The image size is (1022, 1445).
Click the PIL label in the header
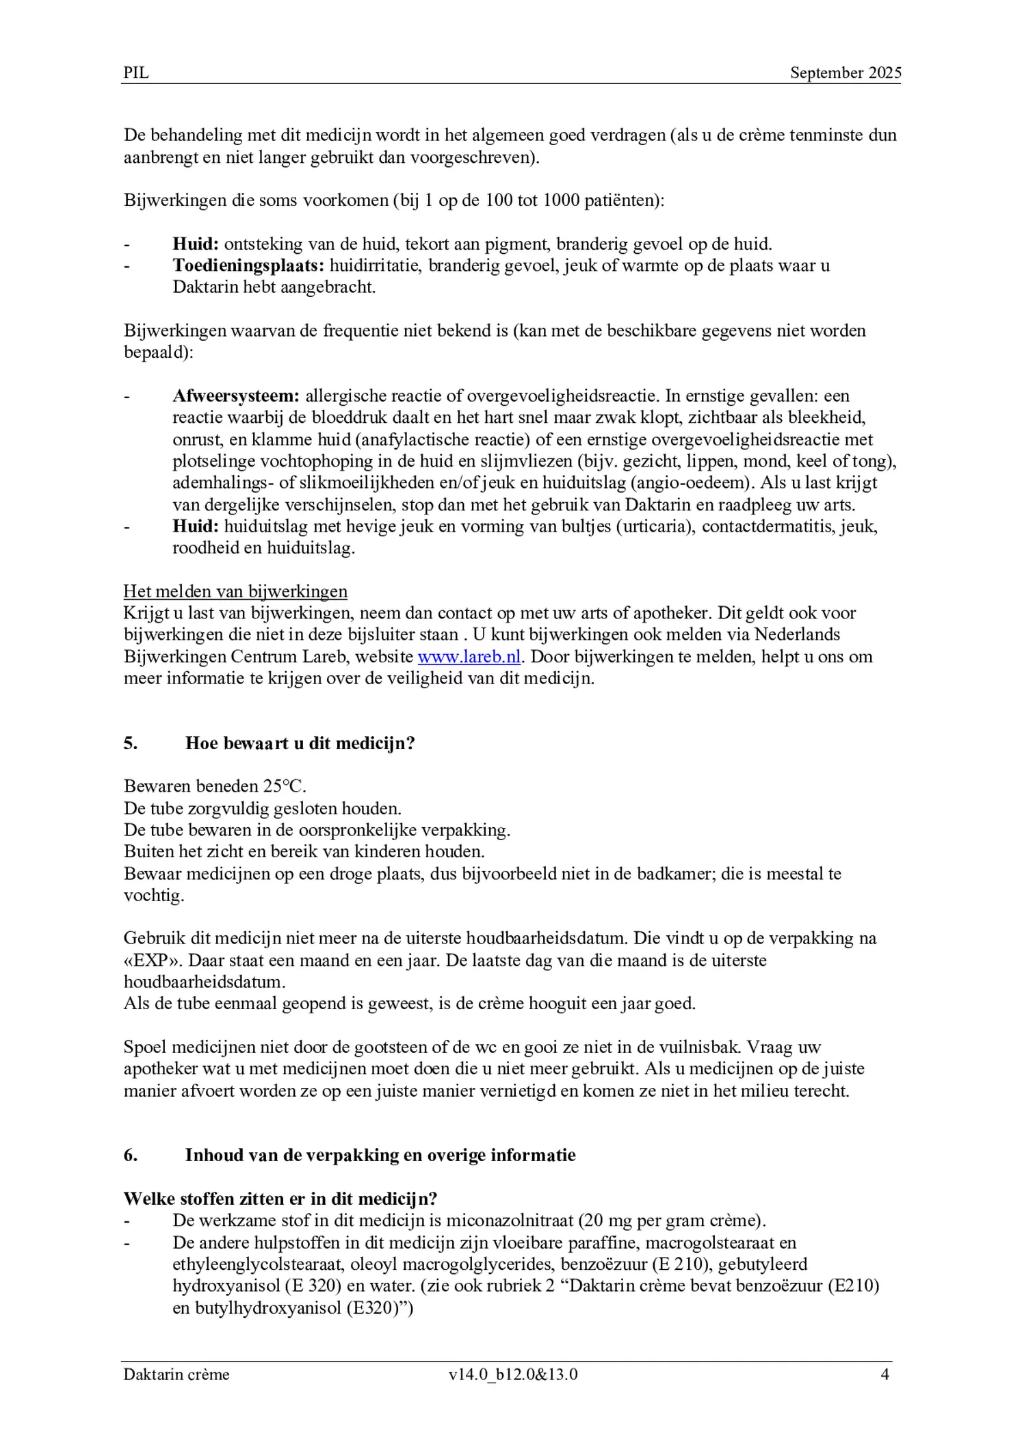(136, 73)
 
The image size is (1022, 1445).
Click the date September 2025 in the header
(846, 73)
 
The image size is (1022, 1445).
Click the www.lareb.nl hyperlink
(469, 657)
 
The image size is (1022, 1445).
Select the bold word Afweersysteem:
(236, 395)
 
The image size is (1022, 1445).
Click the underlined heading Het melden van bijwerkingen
(235, 591)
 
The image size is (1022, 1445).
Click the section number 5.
(131, 743)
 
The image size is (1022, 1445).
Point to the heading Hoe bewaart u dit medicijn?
(300, 743)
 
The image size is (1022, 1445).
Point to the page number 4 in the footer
(885, 1375)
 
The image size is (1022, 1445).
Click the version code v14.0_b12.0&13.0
(513, 1375)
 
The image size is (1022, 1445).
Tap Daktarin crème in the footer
(176, 1375)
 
